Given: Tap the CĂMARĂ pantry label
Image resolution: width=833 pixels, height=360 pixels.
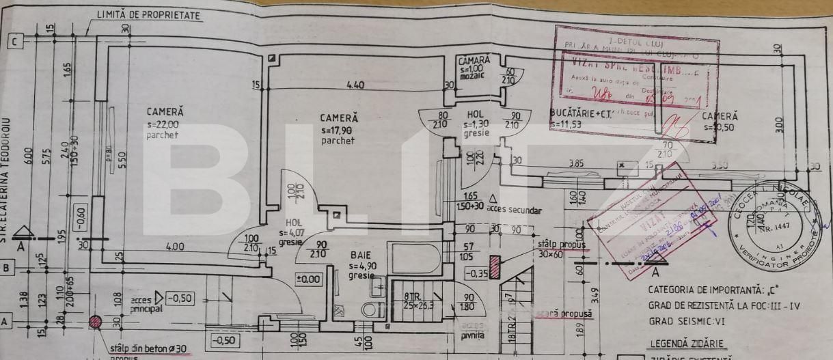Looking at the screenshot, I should [474, 61].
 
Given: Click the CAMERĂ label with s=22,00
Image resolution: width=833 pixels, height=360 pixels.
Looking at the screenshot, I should [165, 111].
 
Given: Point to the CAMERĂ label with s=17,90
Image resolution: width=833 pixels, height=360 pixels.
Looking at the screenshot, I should [339, 118].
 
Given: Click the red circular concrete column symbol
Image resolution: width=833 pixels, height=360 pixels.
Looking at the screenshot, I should [95, 322].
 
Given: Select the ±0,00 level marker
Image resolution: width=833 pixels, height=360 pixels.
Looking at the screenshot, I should [308, 279].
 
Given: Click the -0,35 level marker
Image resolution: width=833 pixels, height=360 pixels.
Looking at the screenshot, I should [476, 274].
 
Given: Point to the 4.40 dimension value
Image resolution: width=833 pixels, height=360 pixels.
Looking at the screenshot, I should [355, 85].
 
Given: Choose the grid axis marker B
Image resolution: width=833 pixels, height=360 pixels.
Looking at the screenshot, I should [6, 268].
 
